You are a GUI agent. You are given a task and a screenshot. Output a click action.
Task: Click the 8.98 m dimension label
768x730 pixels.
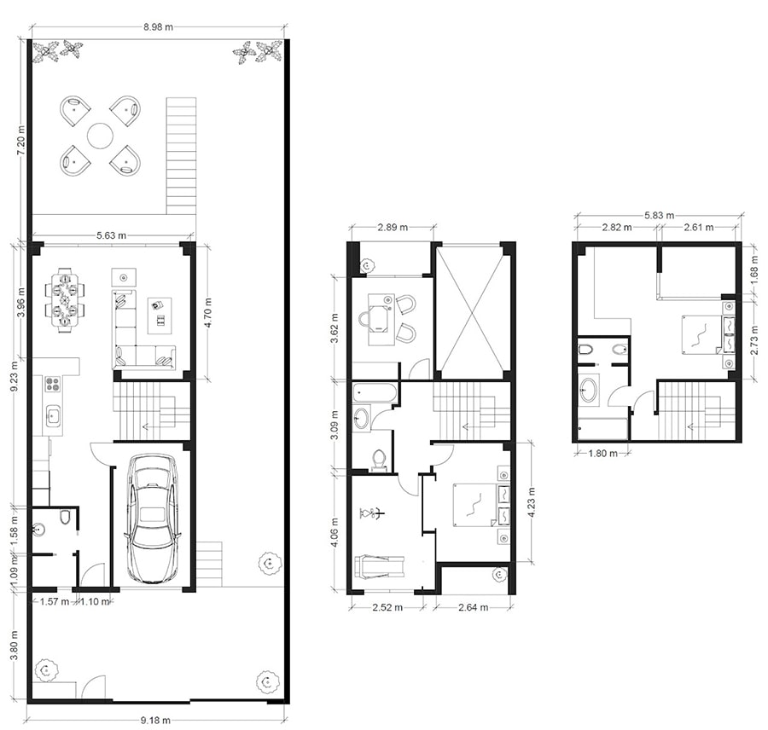pos(158,27)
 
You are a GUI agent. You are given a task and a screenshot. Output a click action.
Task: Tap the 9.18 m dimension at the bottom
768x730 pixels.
pos(156,720)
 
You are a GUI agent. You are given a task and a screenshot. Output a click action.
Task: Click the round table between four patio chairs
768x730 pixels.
pos(100,135)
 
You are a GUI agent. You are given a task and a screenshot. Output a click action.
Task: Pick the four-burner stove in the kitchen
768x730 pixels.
pos(52,384)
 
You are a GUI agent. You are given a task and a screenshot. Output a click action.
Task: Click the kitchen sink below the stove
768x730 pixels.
pos(53,416)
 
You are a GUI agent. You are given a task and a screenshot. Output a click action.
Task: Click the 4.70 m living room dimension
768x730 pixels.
pos(208,312)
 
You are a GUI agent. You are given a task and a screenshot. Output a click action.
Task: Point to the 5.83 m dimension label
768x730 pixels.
pos(659,215)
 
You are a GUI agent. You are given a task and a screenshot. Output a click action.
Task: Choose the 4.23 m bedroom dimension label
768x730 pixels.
pos(532,501)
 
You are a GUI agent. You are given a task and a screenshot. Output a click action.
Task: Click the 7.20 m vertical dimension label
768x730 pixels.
pos(21,141)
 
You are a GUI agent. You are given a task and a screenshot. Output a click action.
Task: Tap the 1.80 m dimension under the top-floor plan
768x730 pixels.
pos(603,454)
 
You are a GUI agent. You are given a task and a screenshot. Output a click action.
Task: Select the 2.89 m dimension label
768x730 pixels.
pos(393,227)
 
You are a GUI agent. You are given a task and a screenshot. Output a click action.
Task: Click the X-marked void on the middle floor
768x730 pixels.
pos(470,312)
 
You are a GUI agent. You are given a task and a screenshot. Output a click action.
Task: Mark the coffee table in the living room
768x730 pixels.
pos(160,316)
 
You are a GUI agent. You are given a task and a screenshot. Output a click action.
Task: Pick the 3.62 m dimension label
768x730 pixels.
pos(336,328)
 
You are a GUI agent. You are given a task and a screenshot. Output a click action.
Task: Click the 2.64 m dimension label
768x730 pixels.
pos(473,607)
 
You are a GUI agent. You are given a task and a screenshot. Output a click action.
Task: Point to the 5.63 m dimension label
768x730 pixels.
pos(111,235)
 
